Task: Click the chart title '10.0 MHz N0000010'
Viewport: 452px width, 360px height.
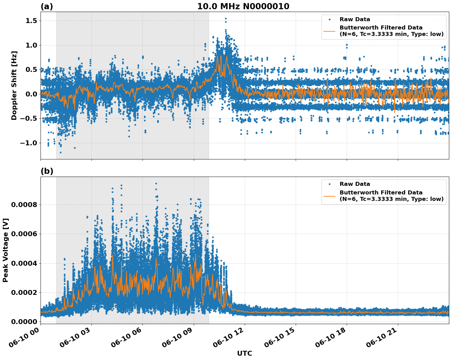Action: tap(243, 6)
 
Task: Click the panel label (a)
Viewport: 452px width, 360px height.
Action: tap(47, 6)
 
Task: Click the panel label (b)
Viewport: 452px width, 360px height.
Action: tap(47, 171)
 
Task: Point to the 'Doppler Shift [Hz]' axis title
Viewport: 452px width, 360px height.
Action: tap(14, 85)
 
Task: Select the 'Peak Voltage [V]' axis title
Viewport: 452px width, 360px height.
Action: tap(6, 250)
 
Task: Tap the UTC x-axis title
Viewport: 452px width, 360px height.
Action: tap(244, 353)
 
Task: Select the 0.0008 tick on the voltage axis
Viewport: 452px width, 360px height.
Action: tap(24, 205)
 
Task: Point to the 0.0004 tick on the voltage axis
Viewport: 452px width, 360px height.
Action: tap(24, 263)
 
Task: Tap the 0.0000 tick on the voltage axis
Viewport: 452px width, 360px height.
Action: tap(24, 322)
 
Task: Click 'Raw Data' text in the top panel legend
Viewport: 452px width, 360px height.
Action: tap(355, 19)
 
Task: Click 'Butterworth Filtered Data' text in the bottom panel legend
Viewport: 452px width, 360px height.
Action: tap(381, 193)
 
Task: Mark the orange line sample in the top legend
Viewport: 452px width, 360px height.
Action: tap(329, 31)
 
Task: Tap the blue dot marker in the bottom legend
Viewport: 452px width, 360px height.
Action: tap(329, 184)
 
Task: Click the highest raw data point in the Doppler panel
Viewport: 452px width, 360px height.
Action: tap(226, 18)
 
